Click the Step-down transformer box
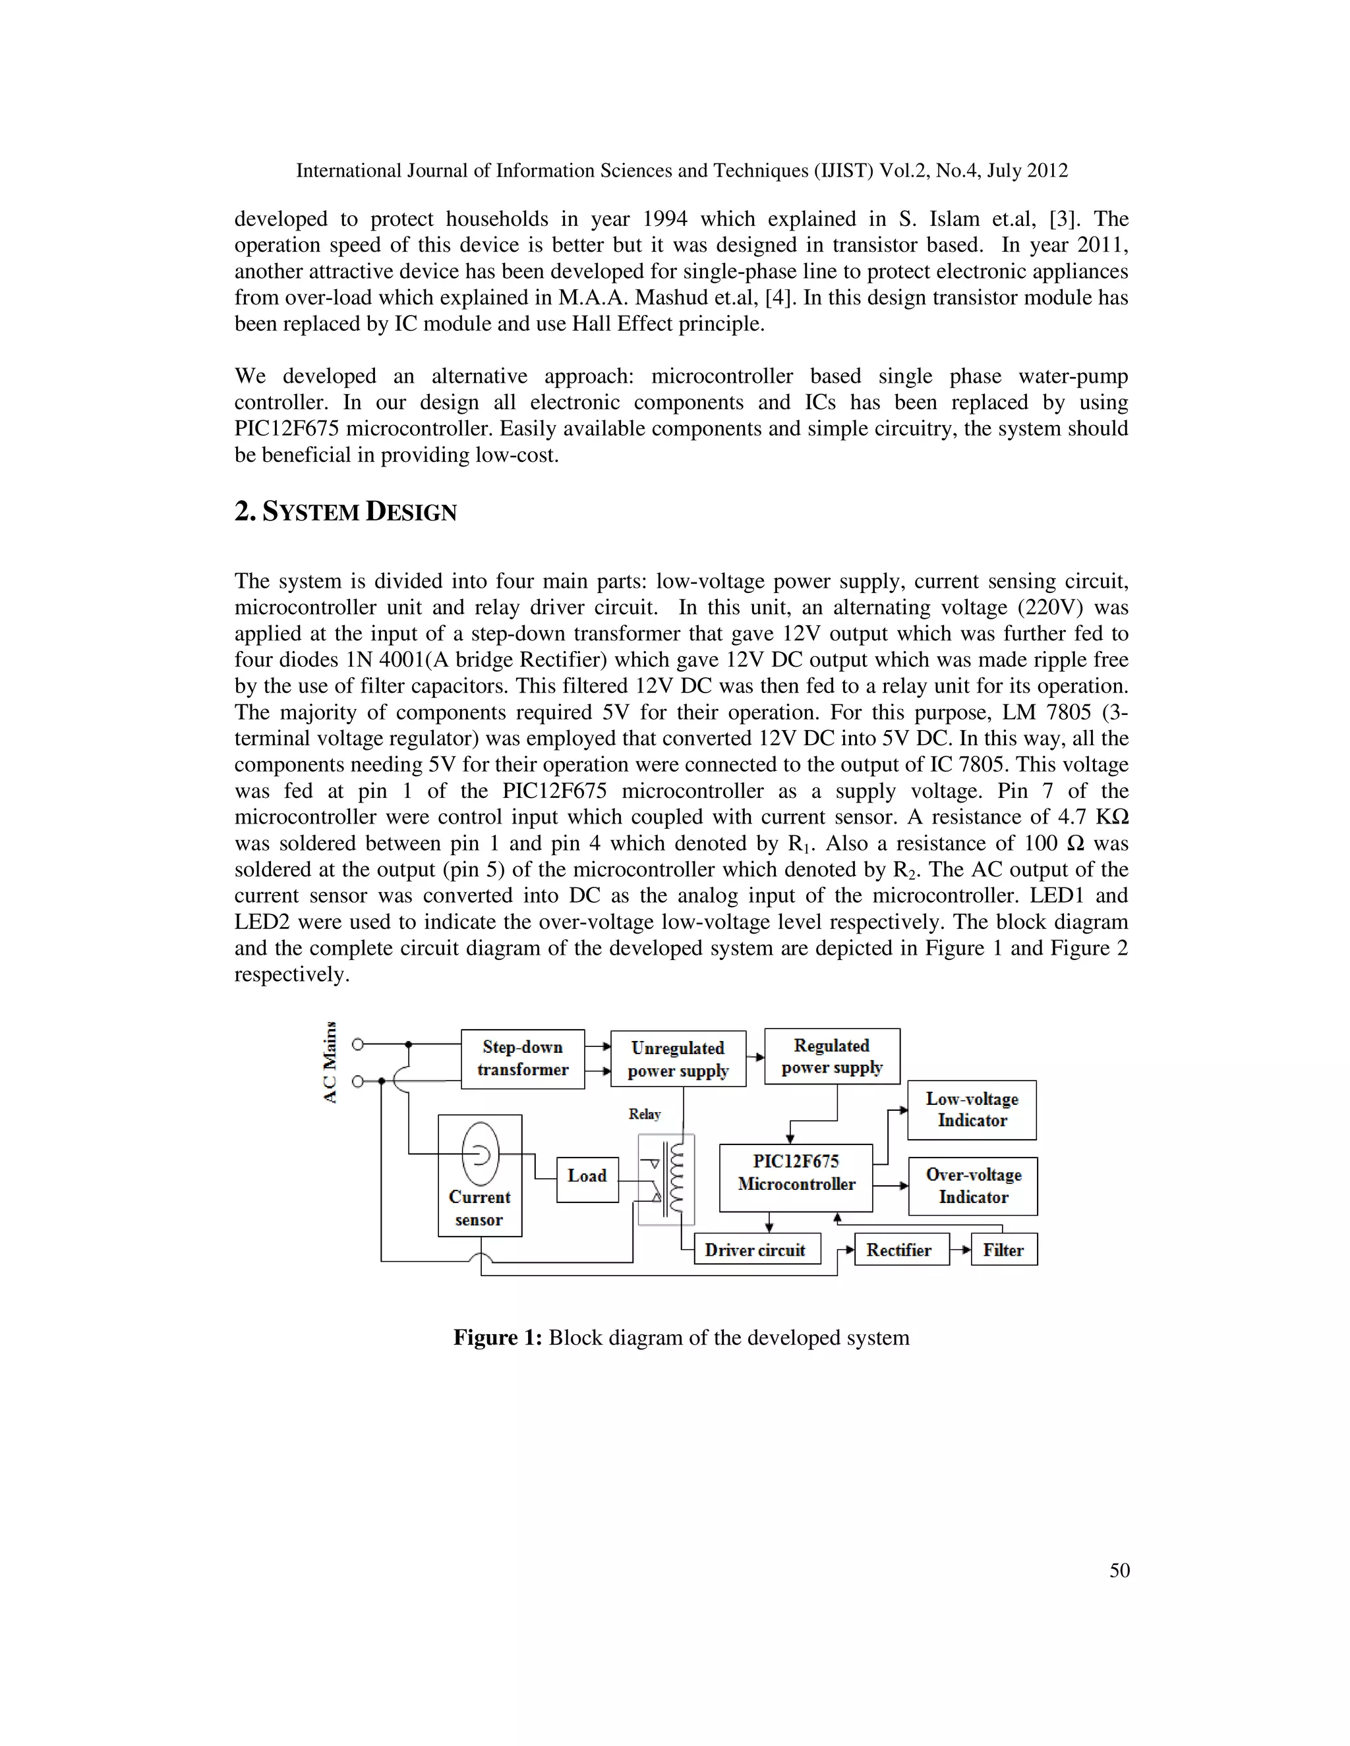tap(522, 1059)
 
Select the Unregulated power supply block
tap(678, 1059)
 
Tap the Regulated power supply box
tap(832, 1056)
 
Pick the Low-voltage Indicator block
tap(972, 1110)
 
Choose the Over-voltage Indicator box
tap(972, 1185)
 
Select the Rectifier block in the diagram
tap(901, 1249)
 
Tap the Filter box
tap(1004, 1249)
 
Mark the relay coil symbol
tap(678, 1177)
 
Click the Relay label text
tap(645, 1113)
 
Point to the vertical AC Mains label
tap(330, 1063)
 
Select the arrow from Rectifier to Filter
tap(960, 1249)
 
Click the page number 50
tap(1119, 1570)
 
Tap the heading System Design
tap(345, 512)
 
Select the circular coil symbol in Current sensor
tap(481, 1154)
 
